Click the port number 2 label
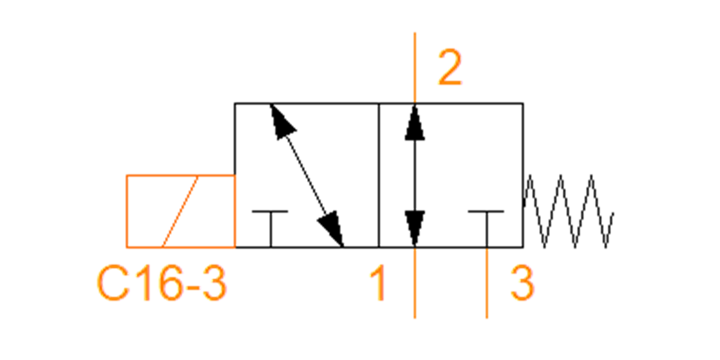click(450, 67)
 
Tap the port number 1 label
click(378, 283)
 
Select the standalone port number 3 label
click(523, 283)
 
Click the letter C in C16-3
click(113, 283)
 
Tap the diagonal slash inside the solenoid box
click(179, 211)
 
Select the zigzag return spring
click(568, 211)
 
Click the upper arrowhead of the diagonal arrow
click(281, 121)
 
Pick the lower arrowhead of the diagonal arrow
click(332, 229)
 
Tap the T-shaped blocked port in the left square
click(271, 229)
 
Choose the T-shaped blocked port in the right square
click(487, 229)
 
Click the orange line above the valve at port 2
click(415, 68)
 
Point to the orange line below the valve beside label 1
click(415, 283)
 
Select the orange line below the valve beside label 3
click(487, 283)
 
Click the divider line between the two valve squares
click(379, 175)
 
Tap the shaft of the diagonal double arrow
click(307, 175)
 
